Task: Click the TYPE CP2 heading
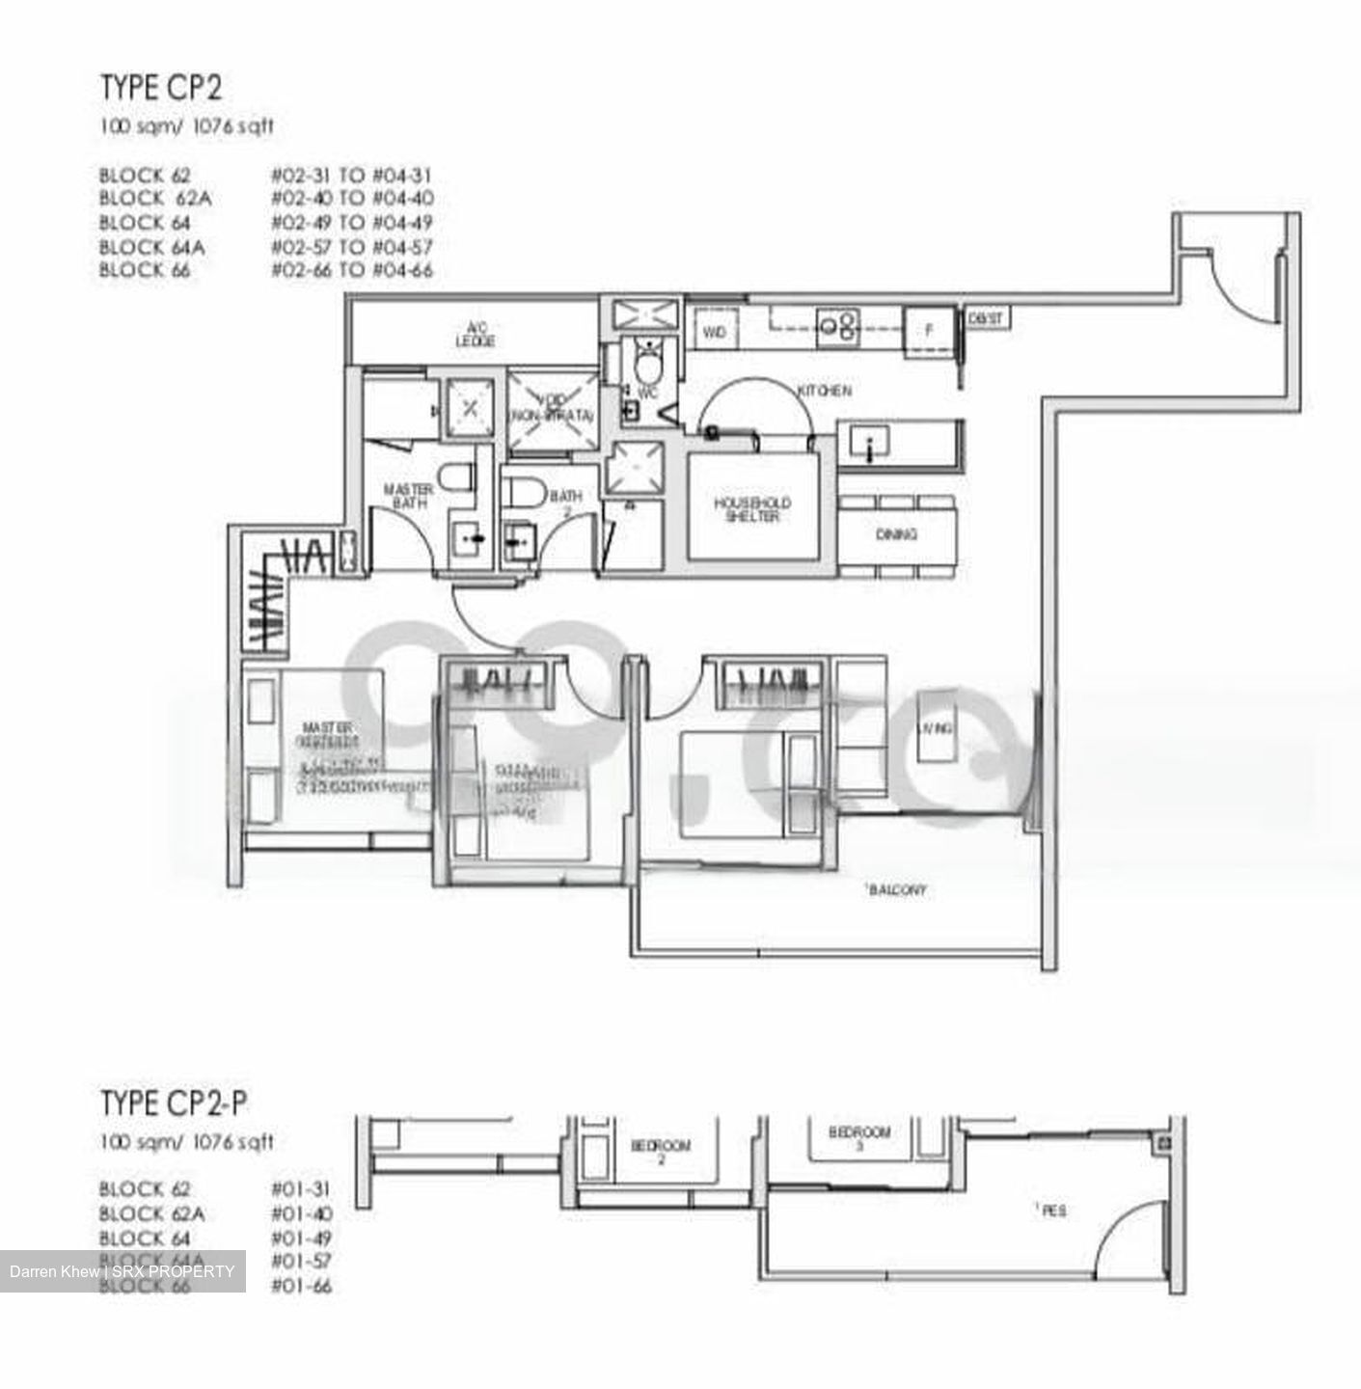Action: tap(161, 88)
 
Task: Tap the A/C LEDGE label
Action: tap(475, 335)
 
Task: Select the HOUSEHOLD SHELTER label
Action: tap(752, 509)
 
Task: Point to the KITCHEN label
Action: tap(824, 391)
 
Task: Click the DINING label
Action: tap(896, 534)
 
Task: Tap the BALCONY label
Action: tap(896, 889)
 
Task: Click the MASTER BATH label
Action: tap(408, 496)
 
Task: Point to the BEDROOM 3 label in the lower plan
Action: tap(858, 1137)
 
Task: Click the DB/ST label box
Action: tap(986, 317)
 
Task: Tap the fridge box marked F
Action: tap(929, 330)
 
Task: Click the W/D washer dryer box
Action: tap(714, 332)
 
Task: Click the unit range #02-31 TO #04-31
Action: tap(351, 176)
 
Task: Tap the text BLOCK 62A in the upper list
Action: tap(154, 199)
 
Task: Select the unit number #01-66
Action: tap(302, 1286)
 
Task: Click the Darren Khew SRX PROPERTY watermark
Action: tap(122, 1271)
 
